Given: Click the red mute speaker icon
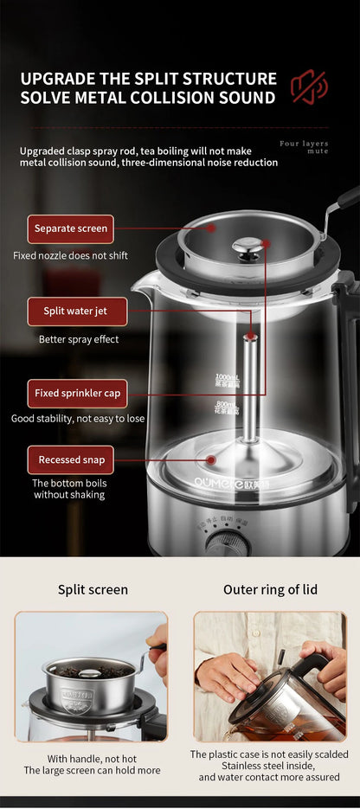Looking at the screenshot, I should point(308,87).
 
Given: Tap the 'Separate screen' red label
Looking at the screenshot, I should point(71,228).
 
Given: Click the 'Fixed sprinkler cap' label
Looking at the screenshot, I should point(78,394).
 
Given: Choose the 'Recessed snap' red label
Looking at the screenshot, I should point(71,459).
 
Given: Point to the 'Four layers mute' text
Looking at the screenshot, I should point(304,146).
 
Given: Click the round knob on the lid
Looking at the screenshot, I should point(248,248).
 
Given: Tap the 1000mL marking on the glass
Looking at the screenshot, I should point(227,379).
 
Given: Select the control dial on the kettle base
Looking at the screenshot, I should point(228,544).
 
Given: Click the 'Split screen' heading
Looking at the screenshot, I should point(93,589).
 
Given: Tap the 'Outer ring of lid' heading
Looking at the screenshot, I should point(270,589).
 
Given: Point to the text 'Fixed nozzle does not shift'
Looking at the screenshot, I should point(71,255).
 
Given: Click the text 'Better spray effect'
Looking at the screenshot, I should point(79,339).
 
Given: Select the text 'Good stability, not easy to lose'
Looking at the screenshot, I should point(78,419).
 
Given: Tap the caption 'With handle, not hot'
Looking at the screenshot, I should point(92,758).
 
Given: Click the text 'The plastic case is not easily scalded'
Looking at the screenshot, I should point(269,754).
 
